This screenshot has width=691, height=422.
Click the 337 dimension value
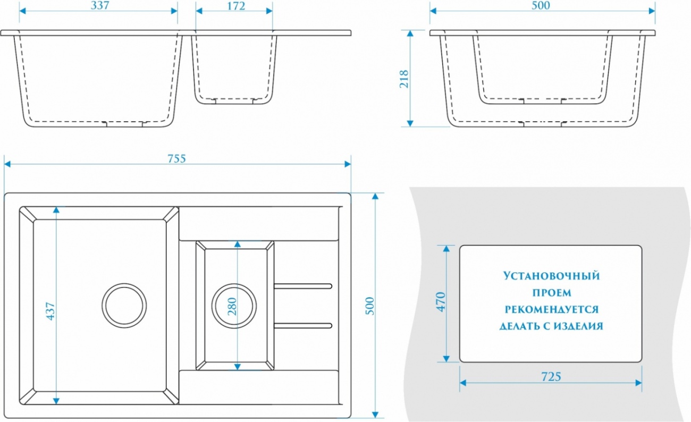click(100, 5)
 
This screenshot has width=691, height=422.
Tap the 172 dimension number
click(236, 6)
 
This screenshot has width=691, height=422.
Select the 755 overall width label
click(177, 158)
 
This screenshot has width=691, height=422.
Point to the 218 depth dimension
click(404, 79)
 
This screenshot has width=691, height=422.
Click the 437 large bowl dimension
click(50, 311)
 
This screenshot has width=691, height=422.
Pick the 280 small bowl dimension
click(232, 306)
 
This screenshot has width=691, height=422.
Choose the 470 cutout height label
click(441, 302)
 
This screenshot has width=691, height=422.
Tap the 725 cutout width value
click(551, 377)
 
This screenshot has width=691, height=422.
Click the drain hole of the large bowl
click(124, 306)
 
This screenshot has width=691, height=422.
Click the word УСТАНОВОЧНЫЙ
click(552, 276)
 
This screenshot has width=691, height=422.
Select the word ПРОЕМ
click(552, 292)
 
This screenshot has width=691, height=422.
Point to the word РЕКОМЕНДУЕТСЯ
click(552, 309)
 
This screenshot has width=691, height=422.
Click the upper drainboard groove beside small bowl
click(303, 286)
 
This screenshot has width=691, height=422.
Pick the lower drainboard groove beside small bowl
click(303, 325)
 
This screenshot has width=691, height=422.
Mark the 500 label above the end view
click(541, 5)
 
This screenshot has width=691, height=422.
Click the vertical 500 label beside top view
click(369, 306)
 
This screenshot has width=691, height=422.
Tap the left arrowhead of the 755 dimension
click(7, 164)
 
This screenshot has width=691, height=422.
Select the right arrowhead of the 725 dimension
click(638, 383)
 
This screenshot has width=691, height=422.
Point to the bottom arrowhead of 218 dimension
click(410, 123)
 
